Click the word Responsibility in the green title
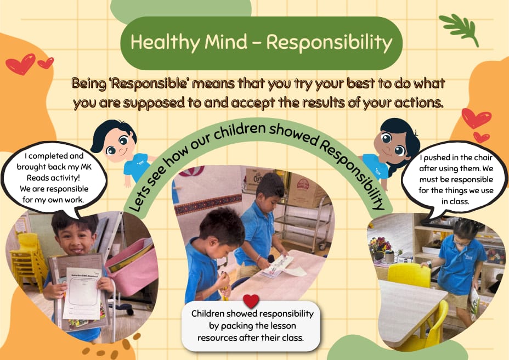click(330, 43)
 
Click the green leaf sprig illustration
click(459, 29)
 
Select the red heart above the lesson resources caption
click(251, 301)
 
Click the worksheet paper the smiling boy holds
click(83, 293)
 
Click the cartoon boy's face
click(119, 144)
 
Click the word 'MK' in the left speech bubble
click(86, 167)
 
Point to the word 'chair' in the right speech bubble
click(483, 157)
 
